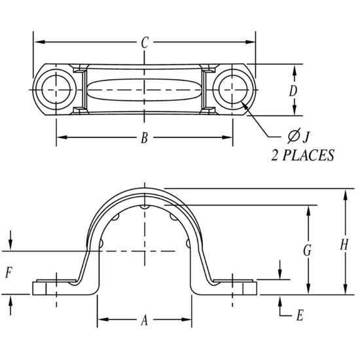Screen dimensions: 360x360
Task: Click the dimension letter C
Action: tap(145, 43)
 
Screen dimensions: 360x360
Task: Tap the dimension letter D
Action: tap(294, 91)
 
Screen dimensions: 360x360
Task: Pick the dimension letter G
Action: tap(306, 251)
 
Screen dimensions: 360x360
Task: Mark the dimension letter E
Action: tap(299, 315)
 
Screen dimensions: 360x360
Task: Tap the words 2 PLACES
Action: tap(303, 155)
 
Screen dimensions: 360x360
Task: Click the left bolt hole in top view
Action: tap(56, 89)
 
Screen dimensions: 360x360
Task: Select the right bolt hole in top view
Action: tap(232, 89)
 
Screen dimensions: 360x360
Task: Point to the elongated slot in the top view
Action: tap(144, 89)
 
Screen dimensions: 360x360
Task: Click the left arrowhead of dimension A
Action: tap(102, 320)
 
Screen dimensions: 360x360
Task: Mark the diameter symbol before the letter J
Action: tap(293, 136)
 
